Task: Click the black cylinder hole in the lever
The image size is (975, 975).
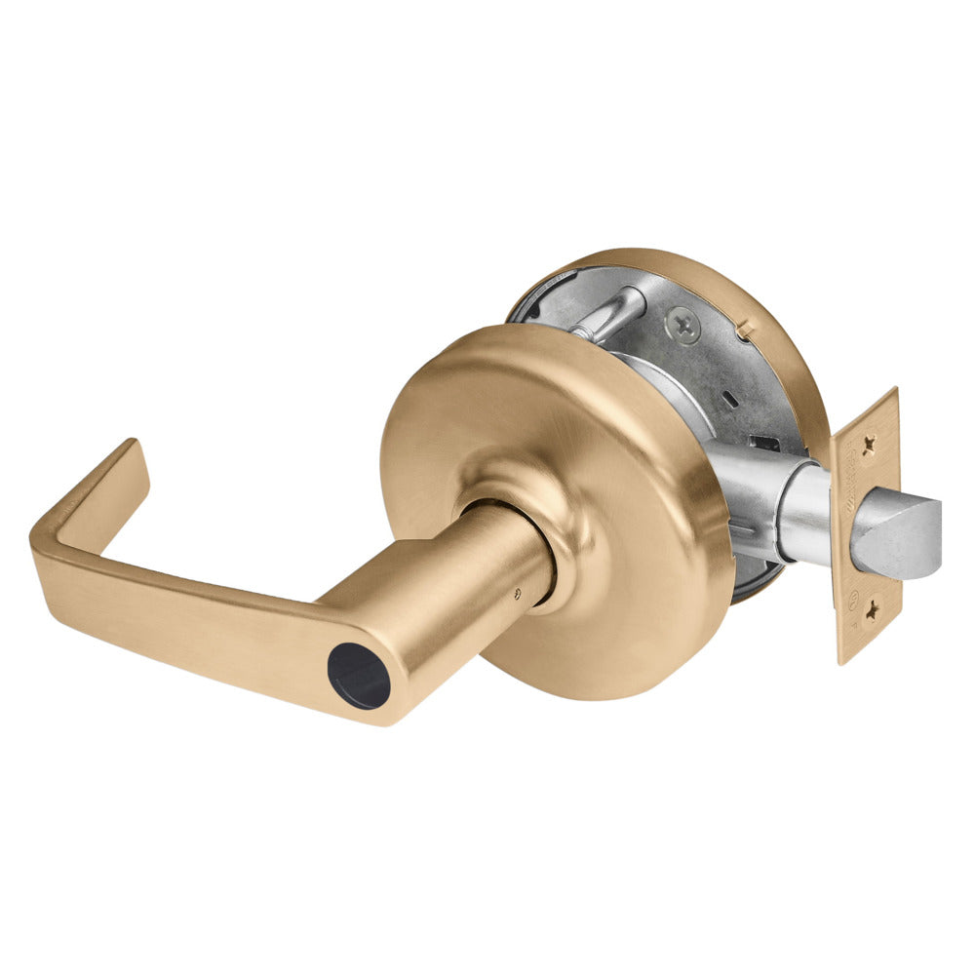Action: (x=358, y=676)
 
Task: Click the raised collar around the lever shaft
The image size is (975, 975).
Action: (x=526, y=497)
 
